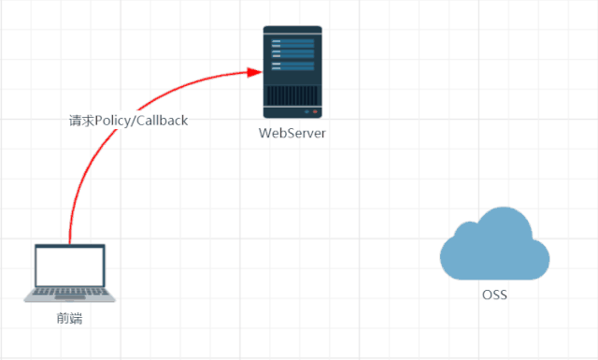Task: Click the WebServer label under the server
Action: click(292, 133)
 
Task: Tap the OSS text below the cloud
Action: click(494, 295)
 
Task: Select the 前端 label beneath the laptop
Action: click(69, 318)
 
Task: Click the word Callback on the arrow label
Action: click(162, 121)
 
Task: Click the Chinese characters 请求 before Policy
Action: click(81, 121)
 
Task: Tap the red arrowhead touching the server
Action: click(254, 72)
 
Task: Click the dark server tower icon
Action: click(292, 72)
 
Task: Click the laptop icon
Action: click(70, 273)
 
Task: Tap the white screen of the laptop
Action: click(70, 266)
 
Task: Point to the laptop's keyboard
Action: click(70, 292)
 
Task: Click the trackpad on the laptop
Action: click(70, 297)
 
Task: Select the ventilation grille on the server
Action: click(292, 95)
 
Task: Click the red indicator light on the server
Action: click(315, 112)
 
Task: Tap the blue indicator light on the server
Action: click(307, 112)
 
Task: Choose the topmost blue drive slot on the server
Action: click(292, 41)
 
